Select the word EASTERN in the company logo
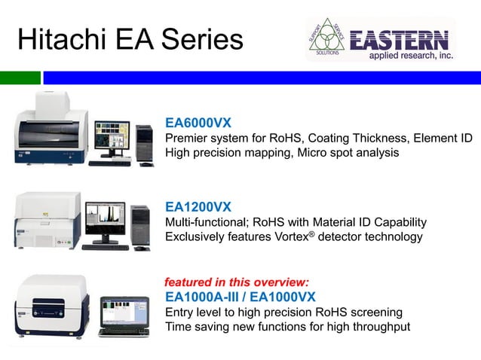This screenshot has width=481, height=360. tap(400, 40)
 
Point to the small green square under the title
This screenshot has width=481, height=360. tap(20, 78)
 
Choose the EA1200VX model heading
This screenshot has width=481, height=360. tap(198, 206)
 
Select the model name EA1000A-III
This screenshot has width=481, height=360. tap(205, 296)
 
